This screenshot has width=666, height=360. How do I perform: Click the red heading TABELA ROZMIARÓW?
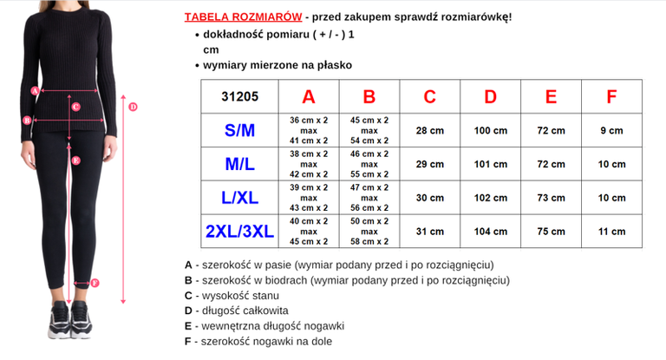pyautogui.click(x=243, y=17)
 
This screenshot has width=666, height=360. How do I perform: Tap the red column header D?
pyautogui.click(x=491, y=96)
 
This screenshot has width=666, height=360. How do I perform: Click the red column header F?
pyautogui.click(x=612, y=96)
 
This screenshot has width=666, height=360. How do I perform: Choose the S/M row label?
pyautogui.click(x=239, y=130)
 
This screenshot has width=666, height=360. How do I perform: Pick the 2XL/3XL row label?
pyautogui.click(x=239, y=231)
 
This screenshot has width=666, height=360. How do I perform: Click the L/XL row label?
pyautogui.click(x=239, y=198)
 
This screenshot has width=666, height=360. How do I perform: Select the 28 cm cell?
pyautogui.click(x=430, y=130)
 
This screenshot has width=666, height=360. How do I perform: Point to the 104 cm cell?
pyautogui.click(x=491, y=232)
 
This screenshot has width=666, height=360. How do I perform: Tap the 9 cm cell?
pyautogui.click(x=612, y=130)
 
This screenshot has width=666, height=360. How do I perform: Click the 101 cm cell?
pyautogui.click(x=491, y=164)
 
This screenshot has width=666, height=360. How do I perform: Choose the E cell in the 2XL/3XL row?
pyautogui.click(x=552, y=232)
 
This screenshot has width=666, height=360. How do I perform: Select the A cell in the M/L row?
pyautogui.click(x=309, y=164)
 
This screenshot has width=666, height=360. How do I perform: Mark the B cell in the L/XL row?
pyautogui.click(x=369, y=198)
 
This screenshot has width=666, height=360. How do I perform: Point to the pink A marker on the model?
pyautogui.click(x=35, y=89)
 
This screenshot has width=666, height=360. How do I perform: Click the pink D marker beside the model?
pyautogui.click(x=133, y=108)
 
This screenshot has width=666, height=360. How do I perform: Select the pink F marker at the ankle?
pyautogui.click(x=95, y=283)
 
